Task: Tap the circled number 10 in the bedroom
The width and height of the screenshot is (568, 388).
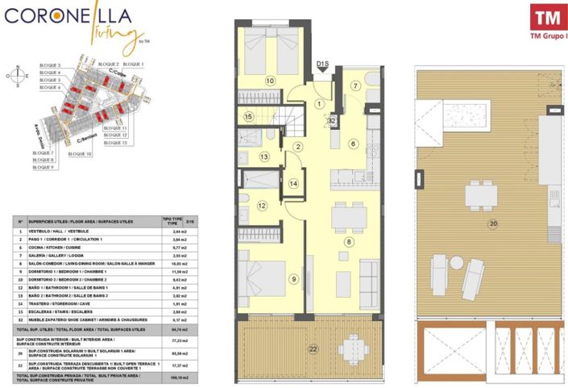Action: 270,81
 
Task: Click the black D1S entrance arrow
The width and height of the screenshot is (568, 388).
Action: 323,69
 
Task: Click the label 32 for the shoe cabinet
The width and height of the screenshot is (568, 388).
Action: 331,120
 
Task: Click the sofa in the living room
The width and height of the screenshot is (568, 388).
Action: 369,280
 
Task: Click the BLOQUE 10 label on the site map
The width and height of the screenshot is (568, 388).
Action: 79,153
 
